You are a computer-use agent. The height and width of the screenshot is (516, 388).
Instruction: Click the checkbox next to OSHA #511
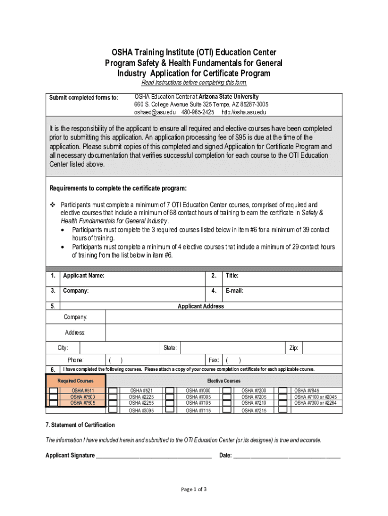pos(53,391)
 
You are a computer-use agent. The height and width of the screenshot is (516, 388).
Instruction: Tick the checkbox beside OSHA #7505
pos(53,403)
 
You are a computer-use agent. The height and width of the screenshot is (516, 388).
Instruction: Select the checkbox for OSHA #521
pos(113,391)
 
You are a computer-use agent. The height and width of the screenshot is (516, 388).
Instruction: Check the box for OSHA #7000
pos(170,391)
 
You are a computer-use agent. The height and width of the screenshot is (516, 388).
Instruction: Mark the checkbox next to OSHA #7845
pos(283,391)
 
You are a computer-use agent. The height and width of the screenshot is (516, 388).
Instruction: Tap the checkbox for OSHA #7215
pos(227,410)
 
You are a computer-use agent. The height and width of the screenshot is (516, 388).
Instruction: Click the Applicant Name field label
pos(84,276)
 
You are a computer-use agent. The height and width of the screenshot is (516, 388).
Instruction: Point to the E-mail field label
pos(234,291)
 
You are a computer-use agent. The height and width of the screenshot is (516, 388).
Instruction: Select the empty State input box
pos(231,348)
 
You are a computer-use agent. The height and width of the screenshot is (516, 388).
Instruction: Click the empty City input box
pos(119,348)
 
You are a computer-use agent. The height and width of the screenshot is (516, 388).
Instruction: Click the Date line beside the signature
pos(287,456)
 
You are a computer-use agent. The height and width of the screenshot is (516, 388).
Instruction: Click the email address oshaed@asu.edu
pos(155,112)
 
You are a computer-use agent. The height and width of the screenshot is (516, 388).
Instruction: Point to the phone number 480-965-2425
pos(198,112)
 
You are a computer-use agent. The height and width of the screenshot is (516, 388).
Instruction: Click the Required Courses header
pos(76,381)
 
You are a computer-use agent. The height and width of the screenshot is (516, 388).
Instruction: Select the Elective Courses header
pos(224,381)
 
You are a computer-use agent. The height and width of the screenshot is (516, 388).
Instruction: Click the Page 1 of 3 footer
pos(193,489)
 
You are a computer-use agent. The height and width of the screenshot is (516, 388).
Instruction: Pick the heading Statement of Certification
pos(80,425)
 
